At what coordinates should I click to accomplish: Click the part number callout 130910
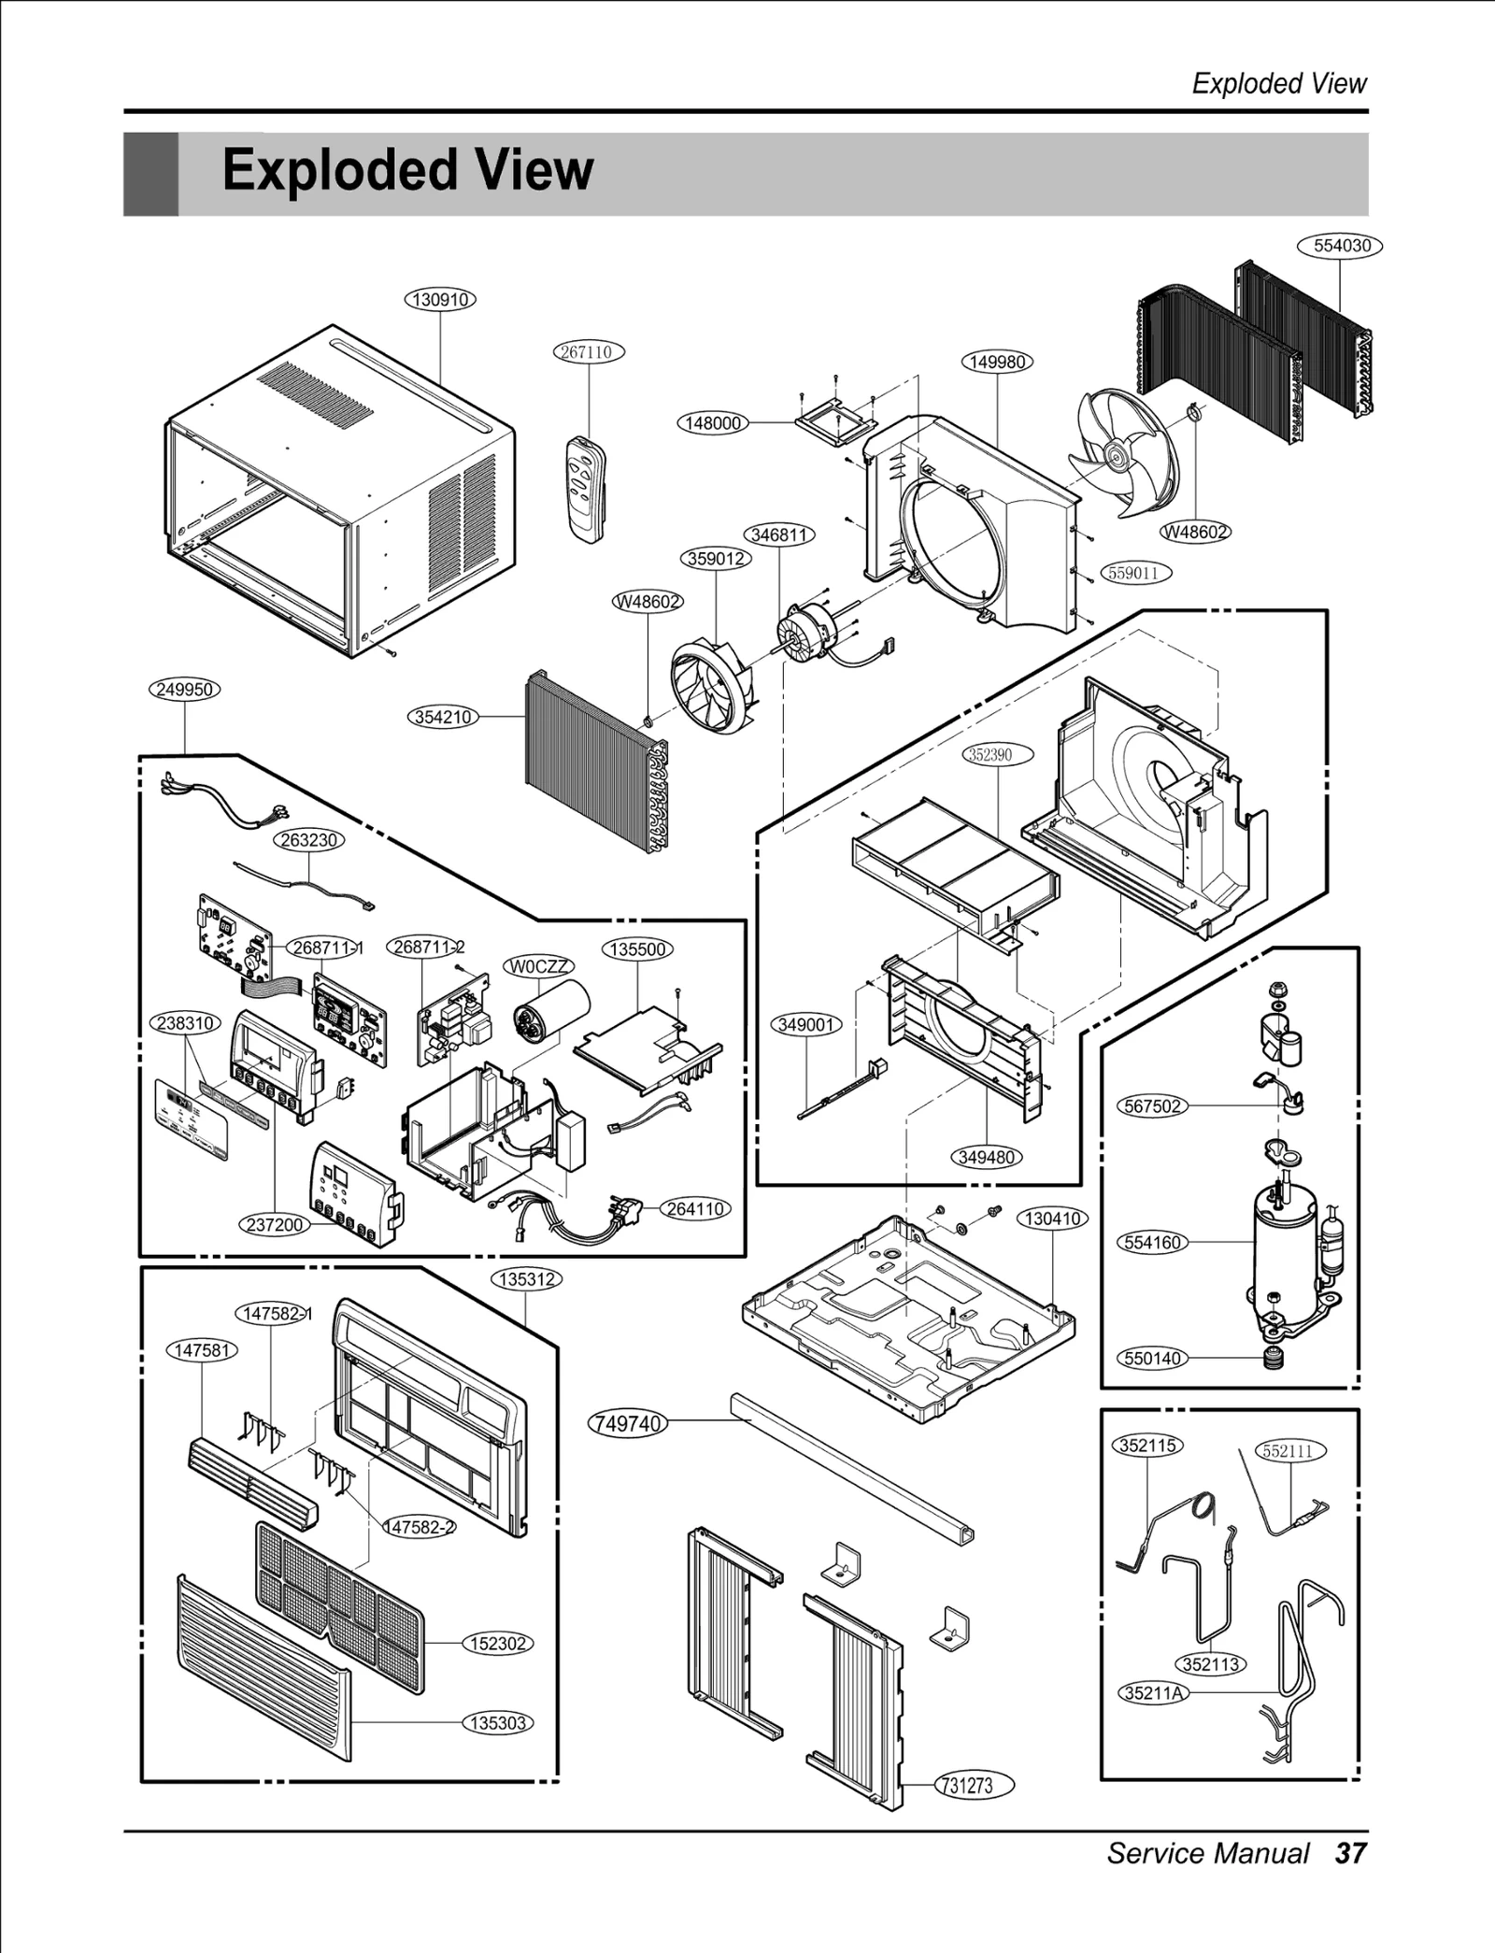(440, 300)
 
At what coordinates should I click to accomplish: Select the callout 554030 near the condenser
(1341, 246)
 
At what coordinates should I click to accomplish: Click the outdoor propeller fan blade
(1120, 453)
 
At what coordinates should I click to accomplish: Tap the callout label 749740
(628, 1424)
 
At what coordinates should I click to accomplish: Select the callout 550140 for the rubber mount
(1152, 1358)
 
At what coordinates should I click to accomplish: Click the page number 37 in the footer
(1351, 1852)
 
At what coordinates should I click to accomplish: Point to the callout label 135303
(498, 1722)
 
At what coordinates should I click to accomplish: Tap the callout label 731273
(966, 1785)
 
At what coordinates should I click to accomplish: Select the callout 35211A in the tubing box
(1154, 1692)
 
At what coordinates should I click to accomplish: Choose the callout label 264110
(695, 1208)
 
